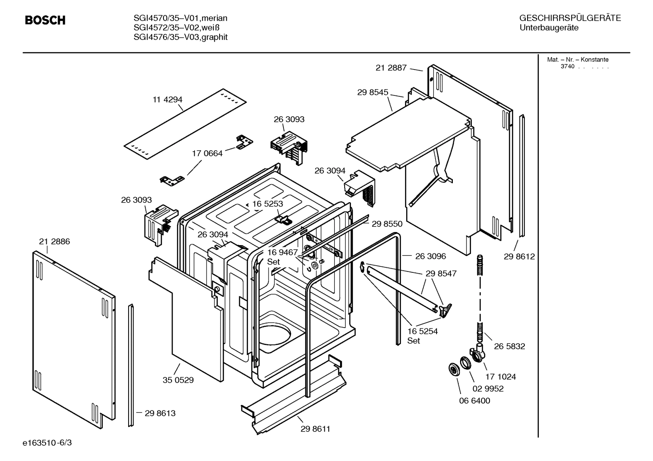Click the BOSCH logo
pyautogui.click(x=45, y=20)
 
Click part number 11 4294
pyautogui.click(x=167, y=100)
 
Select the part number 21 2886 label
pyautogui.click(x=54, y=242)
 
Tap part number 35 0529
pyautogui.click(x=178, y=380)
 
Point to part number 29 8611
pyautogui.click(x=315, y=429)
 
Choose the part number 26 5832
pyautogui.click(x=509, y=346)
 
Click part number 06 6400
pyautogui.click(x=475, y=400)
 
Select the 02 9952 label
pyautogui.click(x=488, y=389)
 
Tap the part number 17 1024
pyautogui.click(x=500, y=376)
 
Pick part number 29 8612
pyautogui.click(x=519, y=257)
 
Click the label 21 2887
pyautogui.click(x=391, y=68)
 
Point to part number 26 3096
pyautogui.click(x=430, y=256)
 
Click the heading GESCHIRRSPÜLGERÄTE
pyautogui.click(x=570, y=18)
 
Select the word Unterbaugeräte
pyautogui.click(x=549, y=28)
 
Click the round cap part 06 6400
pyautogui.click(x=453, y=369)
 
